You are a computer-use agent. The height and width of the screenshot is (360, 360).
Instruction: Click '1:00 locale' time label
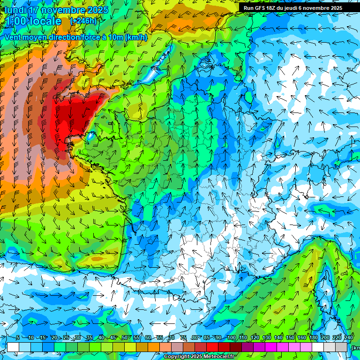(x=33, y=21)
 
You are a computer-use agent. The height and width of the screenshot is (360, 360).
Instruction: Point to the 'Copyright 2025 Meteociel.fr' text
(x=199, y=357)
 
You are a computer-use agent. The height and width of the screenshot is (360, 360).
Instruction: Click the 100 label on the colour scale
(x=231, y=338)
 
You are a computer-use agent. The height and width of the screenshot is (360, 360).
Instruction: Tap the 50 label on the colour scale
(x=125, y=338)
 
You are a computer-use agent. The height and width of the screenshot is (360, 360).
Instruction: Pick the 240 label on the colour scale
(x=348, y=338)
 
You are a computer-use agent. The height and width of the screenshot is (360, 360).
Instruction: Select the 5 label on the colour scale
(x=18, y=338)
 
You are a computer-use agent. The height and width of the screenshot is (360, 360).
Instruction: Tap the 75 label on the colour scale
(x=183, y=338)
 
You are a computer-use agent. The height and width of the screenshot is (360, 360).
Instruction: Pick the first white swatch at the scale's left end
(x=13, y=347)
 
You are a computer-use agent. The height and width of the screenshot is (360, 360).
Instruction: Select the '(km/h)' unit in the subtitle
(x=136, y=37)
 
